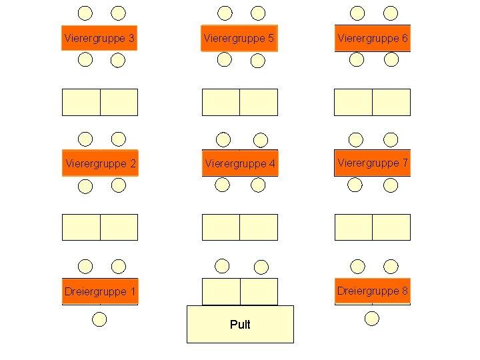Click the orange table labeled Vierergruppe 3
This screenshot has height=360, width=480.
(99, 39)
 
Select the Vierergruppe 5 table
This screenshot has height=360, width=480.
(239, 39)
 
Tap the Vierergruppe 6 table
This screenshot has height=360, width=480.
(372, 39)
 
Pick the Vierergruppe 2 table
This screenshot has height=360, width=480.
(100, 163)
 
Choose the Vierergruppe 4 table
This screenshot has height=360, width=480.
(240, 163)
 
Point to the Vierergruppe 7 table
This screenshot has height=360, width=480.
(372, 163)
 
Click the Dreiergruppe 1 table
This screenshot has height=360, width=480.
(100, 291)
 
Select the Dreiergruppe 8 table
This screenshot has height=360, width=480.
(372, 291)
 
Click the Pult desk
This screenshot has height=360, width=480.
(240, 324)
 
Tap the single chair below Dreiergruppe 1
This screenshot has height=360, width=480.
(99, 319)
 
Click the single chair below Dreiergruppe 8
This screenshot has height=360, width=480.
(372, 318)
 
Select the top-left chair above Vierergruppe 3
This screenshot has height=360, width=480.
(85, 13)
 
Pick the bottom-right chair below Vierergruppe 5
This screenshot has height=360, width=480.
(258, 61)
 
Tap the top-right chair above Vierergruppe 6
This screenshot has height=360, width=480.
(391, 13)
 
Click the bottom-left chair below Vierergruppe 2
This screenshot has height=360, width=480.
(85, 186)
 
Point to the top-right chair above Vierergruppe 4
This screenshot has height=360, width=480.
(260, 139)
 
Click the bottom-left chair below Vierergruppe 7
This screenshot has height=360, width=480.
(357, 185)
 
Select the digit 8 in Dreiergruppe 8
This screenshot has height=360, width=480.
(404, 291)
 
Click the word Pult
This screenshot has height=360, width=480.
(240, 325)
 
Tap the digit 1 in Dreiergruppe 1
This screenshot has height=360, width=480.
(133, 291)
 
